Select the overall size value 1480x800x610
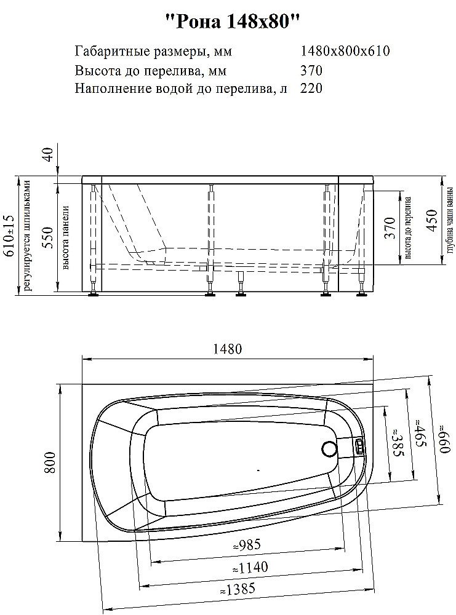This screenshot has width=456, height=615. [x=345, y=51]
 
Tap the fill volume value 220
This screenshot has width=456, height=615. [x=311, y=88]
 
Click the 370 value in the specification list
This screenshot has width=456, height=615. [x=311, y=69]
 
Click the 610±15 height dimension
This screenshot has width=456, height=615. [x=9, y=236]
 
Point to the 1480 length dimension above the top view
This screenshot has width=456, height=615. [x=228, y=349]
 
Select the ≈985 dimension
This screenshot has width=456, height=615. [x=246, y=545]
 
